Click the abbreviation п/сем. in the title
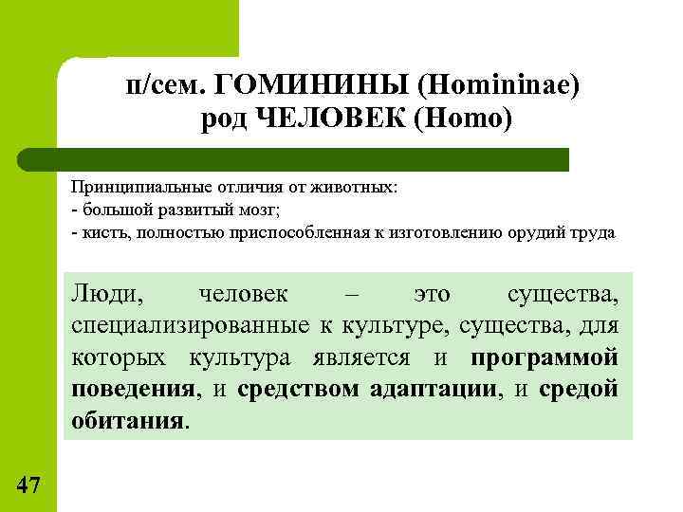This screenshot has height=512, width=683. pyautogui.click(x=170, y=86)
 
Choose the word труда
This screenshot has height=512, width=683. pyautogui.click(x=594, y=231)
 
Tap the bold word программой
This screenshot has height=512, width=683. pyautogui.click(x=545, y=357)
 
